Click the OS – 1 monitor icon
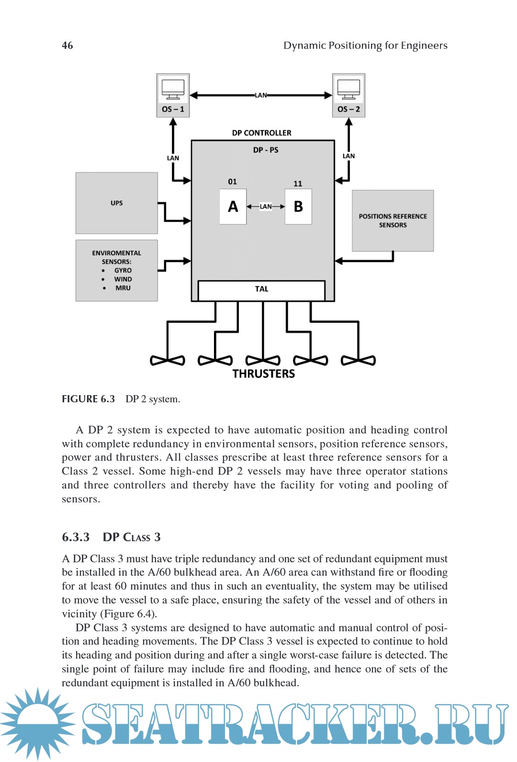point(173,90)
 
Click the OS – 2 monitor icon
point(348,90)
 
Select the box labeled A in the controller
point(233,206)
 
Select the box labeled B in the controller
point(298,206)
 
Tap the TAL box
point(261,289)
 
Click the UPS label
point(117,203)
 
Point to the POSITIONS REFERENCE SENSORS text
point(393,221)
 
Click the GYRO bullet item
point(123,271)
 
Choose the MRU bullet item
point(123,288)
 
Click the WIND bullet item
point(123,279)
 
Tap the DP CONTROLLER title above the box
point(261,133)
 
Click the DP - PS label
point(266,150)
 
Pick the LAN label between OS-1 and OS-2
point(261,95)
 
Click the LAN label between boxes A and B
point(266,206)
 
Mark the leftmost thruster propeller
point(168,360)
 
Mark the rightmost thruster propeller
point(358,360)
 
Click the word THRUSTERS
point(263,374)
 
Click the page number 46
point(67,45)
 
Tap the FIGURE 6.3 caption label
point(89,399)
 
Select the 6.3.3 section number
point(76,537)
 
